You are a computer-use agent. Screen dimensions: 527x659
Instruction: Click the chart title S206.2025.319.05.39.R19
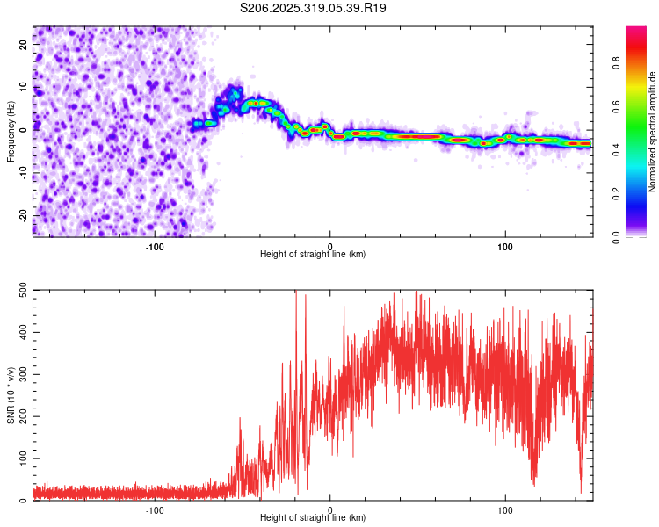tap(314, 8)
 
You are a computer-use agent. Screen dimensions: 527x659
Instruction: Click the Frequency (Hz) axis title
tap(11, 131)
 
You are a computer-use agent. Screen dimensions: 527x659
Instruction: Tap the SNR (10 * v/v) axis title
tap(11, 395)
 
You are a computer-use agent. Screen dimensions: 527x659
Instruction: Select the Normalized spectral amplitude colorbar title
tap(653, 132)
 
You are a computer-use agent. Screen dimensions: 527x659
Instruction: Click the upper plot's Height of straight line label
tap(313, 254)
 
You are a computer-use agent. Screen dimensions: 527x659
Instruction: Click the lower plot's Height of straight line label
tap(313, 517)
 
